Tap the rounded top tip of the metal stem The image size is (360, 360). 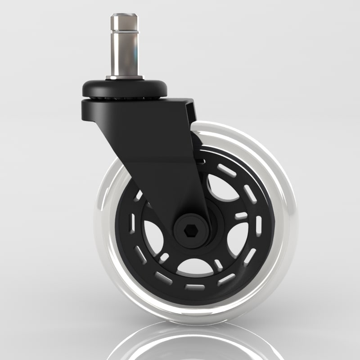click(x=125, y=17)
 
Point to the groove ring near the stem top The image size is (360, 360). click(x=125, y=31)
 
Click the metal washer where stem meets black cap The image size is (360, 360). click(x=125, y=78)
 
